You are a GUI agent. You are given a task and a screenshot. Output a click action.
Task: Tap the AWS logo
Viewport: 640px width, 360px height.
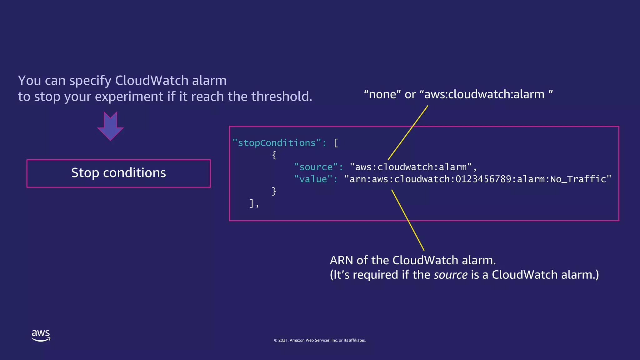pos(41,336)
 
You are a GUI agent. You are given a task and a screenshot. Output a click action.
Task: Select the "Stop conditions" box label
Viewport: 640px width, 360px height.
pos(118,173)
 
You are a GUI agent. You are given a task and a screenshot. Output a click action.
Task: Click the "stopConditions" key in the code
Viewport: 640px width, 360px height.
pos(277,143)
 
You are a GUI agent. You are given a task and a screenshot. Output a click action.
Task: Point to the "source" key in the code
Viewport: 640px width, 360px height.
pos(316,167)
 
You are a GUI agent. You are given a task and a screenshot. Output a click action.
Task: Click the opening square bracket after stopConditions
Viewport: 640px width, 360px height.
pos(336,143)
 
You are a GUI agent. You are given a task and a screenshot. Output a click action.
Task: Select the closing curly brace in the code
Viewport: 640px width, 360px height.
pos(274,191)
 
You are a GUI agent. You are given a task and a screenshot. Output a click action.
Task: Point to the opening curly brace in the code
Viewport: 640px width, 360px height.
pos(274,155)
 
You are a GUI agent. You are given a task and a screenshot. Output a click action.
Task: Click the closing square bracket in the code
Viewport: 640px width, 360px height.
pos(252,203)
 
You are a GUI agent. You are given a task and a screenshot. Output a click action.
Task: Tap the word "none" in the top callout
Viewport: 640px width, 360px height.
pos(382,94)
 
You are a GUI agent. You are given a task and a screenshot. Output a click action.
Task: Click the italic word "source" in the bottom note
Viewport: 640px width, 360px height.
pos(451,275)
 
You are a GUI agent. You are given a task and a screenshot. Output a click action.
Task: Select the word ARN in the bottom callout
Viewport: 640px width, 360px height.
pos(341,260)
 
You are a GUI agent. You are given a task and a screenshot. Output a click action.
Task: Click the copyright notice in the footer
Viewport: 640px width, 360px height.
pos(320,340)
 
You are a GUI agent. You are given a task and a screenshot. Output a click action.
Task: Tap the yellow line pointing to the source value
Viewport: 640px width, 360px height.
pos(408,132)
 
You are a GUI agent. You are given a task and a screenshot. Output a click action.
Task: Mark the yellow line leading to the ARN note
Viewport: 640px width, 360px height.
pos(408,220)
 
